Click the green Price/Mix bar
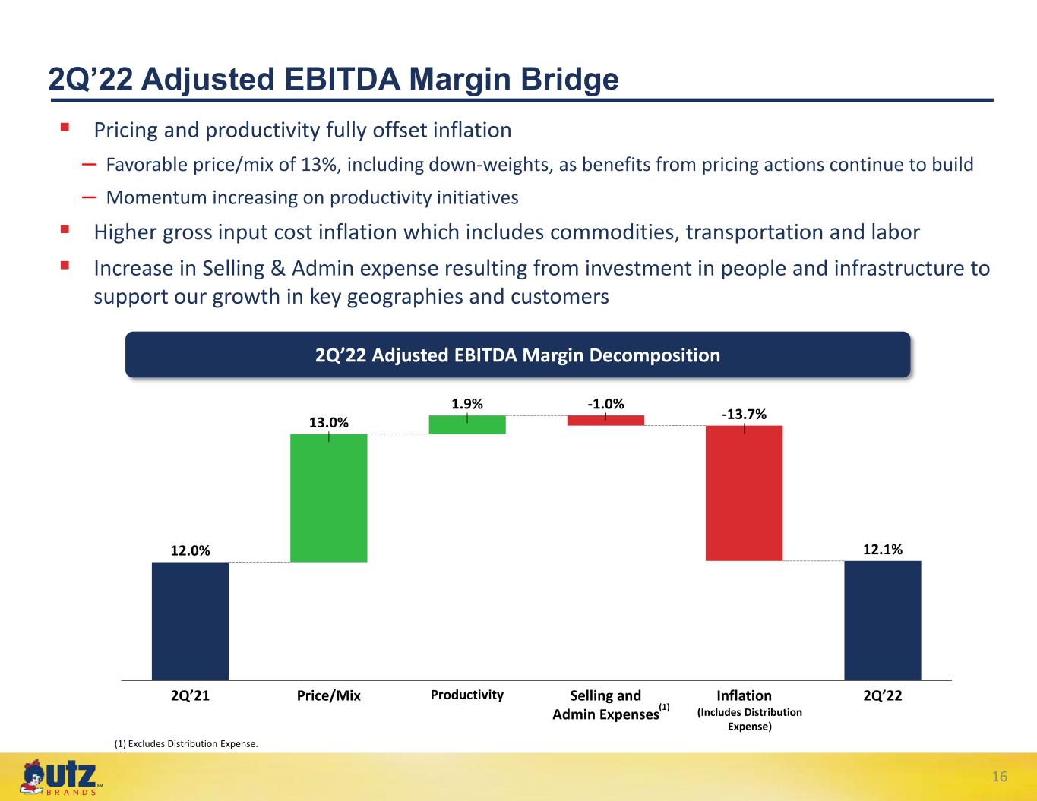[x=329, y=498]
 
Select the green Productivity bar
[x=467, y=424]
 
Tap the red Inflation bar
[x=744, y=493]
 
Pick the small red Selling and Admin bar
[x=605, y=420]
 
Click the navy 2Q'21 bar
[x=190, y=621]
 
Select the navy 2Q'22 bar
[x=883, y=620]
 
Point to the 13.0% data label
[x=329, y=422]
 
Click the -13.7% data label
[x=744, y=414]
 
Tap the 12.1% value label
[x=883, y=549]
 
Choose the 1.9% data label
[x=467, y=404]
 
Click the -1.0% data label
[x=605, y=404]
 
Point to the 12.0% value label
[x=191, y=550]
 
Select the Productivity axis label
[x=467, y=695]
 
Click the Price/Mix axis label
[x=329, y=695]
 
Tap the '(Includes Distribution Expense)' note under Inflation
[x=750, y=720]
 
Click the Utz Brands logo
[x=60, y=777]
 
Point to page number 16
[x=999, y=777]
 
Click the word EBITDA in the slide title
[x=342, y=79]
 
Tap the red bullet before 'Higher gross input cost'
[x=65, y=229]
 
